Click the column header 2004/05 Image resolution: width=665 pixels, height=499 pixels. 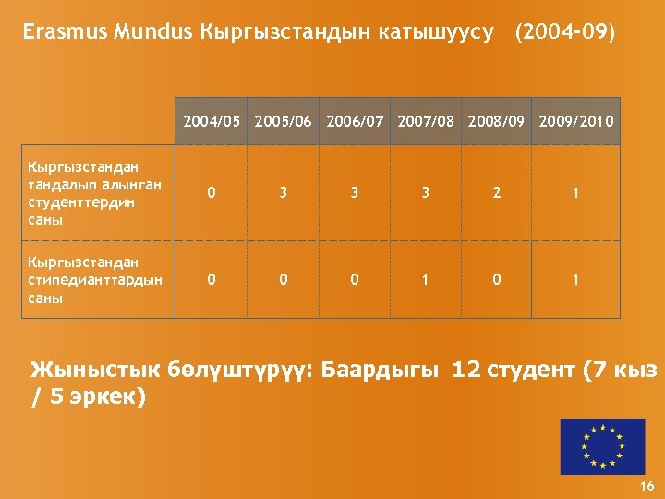pos(212,121)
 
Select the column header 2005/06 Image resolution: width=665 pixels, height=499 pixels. pos(284,121)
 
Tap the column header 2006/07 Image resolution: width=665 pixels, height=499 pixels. pos(355,121)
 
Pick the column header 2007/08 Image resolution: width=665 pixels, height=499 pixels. pos(427,121)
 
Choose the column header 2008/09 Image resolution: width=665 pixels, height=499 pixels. pos(498,121)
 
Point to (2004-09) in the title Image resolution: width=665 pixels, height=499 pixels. pos(565,33)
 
